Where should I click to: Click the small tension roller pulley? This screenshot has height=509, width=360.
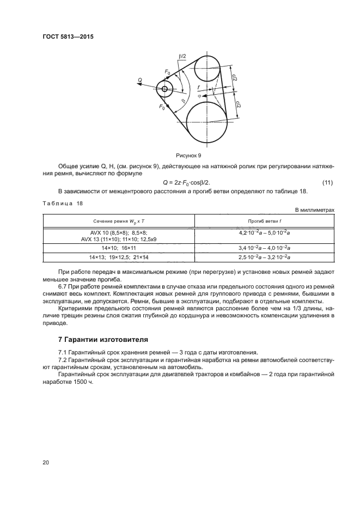(x=164, y=88)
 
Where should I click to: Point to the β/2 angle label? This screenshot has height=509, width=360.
(x=182, y=56)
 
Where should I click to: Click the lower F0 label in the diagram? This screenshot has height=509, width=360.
(x=162, y=108)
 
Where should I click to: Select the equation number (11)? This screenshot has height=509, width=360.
(x=327, y=182)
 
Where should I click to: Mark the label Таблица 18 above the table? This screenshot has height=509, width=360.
(x=62, y=203)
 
